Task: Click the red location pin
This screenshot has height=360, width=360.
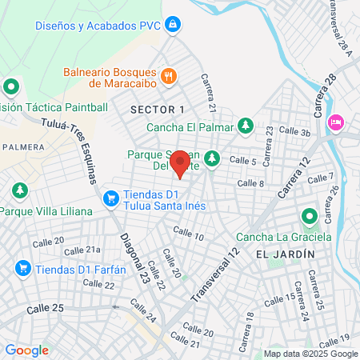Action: pyautogui.click(x=180, y=163)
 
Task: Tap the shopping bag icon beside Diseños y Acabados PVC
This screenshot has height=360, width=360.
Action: pyautogui.click(x=172, y=25)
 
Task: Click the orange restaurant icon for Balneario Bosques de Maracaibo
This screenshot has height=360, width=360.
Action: pyautogui.click(x=168, y=77)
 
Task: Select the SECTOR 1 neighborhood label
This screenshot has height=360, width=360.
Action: pyautogui.click(x=158, y=109)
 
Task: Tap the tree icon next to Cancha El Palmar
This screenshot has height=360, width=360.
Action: pyautogui.click(x=246, y=126)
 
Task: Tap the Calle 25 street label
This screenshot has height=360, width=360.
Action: pyautogui.click(x=45, y=308)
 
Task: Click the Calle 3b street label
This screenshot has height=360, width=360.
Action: pyautogui.click(x=294, y=132)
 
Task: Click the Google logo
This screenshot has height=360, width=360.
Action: pyautogui.click(x=26, y=350)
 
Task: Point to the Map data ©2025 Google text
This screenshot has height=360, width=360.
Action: pyautogui.click(x=311, y=354)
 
